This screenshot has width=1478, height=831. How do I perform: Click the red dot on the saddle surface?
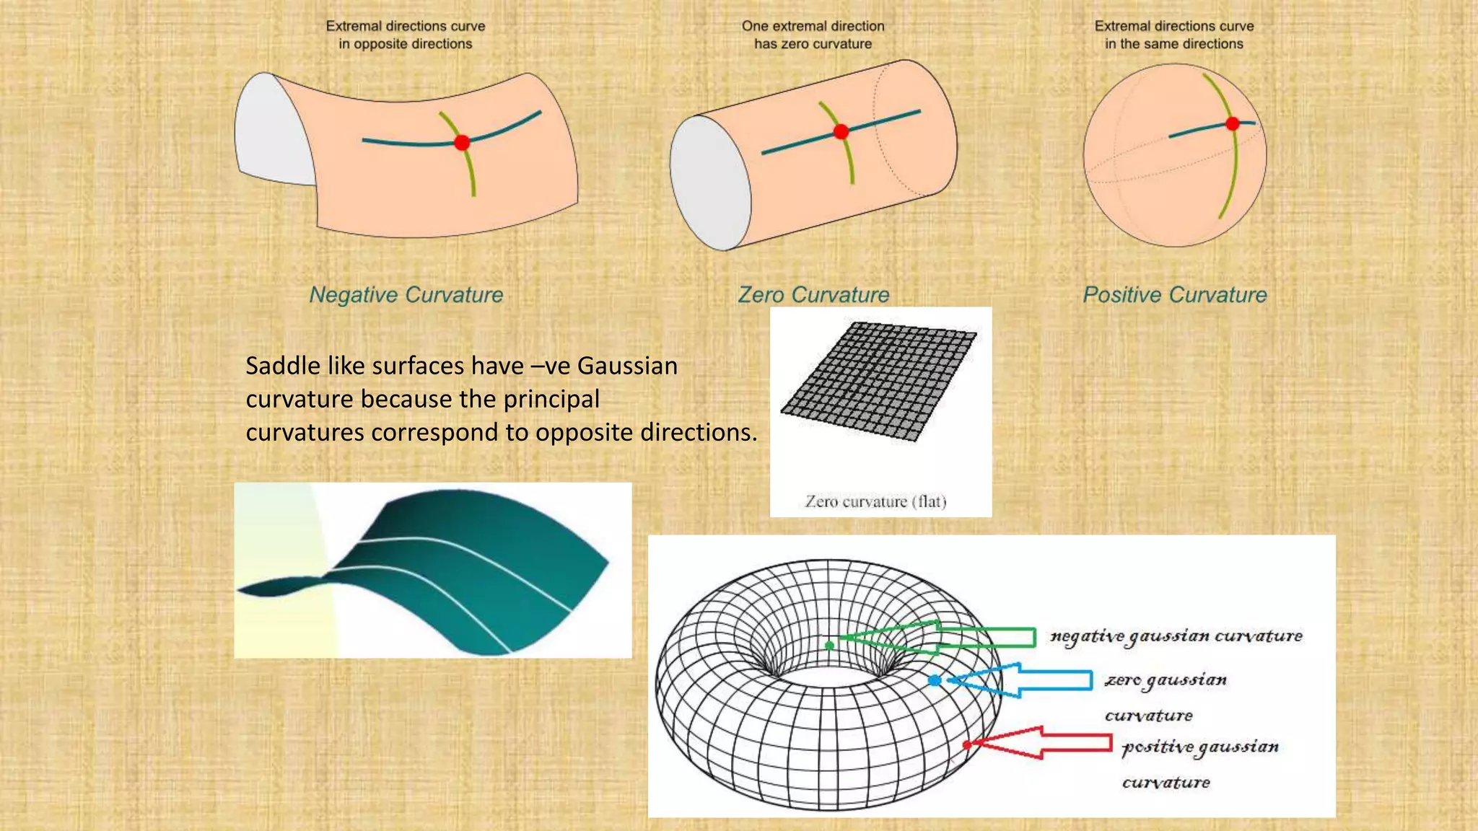463,142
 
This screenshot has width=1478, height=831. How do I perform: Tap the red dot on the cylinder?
841,131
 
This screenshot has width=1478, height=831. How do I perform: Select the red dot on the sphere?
1233,123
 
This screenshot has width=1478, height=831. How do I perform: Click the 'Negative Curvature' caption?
406,294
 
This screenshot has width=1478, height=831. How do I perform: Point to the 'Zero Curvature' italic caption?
813,294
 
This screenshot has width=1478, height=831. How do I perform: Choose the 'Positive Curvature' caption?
1175,294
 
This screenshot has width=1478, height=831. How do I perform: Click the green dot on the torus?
830,645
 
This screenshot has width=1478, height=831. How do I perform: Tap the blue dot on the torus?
935,680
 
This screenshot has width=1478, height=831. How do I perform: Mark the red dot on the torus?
967,744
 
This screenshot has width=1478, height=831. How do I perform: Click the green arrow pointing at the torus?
938,638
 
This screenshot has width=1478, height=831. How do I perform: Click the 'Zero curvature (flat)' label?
875,501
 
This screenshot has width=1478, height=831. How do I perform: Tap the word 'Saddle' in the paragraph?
283,366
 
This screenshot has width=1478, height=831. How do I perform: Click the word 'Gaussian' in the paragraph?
627,366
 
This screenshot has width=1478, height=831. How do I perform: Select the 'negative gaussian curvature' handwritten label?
1176,636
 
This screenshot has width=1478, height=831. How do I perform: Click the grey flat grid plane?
879,381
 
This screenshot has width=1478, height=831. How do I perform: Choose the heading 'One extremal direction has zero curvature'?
813,35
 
